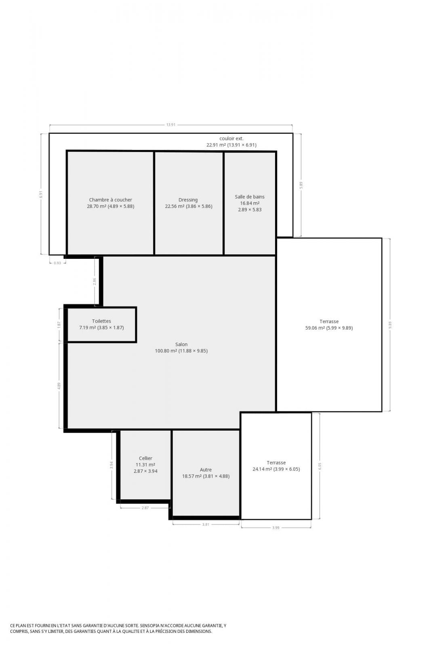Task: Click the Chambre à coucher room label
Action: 111,200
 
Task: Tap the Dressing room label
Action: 188,200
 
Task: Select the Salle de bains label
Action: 250,197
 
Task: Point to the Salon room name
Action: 181,344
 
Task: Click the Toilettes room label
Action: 101,321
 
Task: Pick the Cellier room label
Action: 145,458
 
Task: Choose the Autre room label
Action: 206,469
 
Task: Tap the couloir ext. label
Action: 231,139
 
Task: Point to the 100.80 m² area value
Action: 166,351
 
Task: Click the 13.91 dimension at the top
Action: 171,125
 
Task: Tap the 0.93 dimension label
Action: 57,263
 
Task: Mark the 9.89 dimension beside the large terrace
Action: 390,325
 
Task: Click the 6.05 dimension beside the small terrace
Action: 320,466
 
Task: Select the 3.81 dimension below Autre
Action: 206,524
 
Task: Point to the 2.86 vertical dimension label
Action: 95,281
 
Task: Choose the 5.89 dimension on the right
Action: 301,185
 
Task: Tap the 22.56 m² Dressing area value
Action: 175,206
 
